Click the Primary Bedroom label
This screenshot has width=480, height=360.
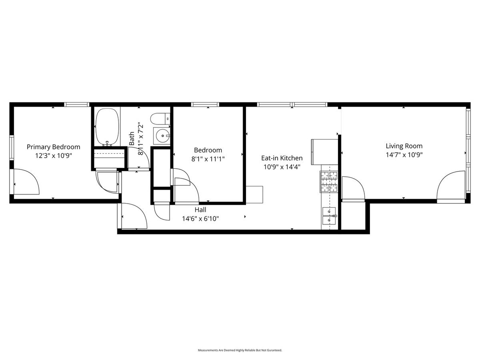point(53,147)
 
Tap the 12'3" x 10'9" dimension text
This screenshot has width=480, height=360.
point(53,156)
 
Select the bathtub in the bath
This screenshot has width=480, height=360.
point(107,127)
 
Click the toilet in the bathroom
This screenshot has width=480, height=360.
point(160,119)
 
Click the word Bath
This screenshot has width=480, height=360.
point(132,138)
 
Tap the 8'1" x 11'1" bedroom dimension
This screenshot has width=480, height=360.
point(208,159)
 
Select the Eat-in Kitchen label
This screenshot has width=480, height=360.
point(282,158)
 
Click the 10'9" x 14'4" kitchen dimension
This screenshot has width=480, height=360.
point(282,167)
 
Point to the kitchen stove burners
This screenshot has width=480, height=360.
point(329,182)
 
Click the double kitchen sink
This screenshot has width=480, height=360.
point(329,216)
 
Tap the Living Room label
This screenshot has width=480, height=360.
point(404,146)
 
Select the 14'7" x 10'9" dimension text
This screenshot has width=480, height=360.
point(404,155)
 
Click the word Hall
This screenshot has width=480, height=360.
point(200,210)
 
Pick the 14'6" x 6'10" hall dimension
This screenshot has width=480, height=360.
point(200,218)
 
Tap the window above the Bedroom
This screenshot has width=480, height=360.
point(205,104)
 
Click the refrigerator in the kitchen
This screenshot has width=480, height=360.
point(324,152)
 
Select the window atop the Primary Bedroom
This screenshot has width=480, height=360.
point(77,104)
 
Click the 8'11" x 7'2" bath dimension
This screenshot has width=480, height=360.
point(141,138)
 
